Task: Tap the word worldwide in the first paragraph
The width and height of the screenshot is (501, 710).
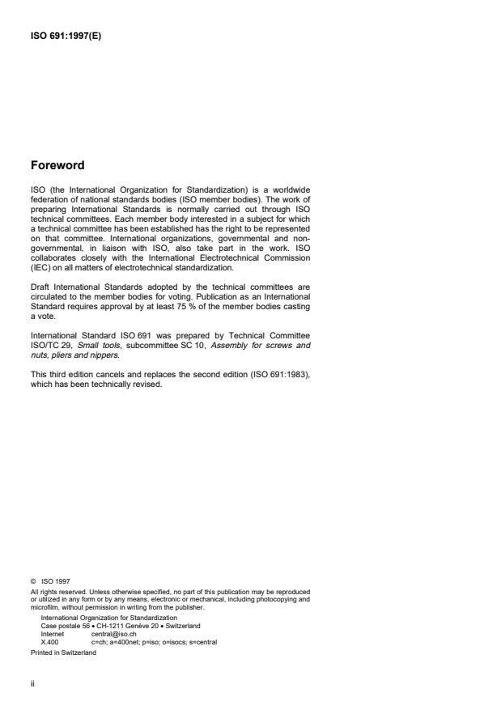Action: tap(286, 190)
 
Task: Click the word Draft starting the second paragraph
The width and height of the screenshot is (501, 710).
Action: tap(40, 287)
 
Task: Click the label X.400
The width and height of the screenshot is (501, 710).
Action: tap(49, 641)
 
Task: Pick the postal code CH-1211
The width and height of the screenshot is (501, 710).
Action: tap(108, 625)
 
